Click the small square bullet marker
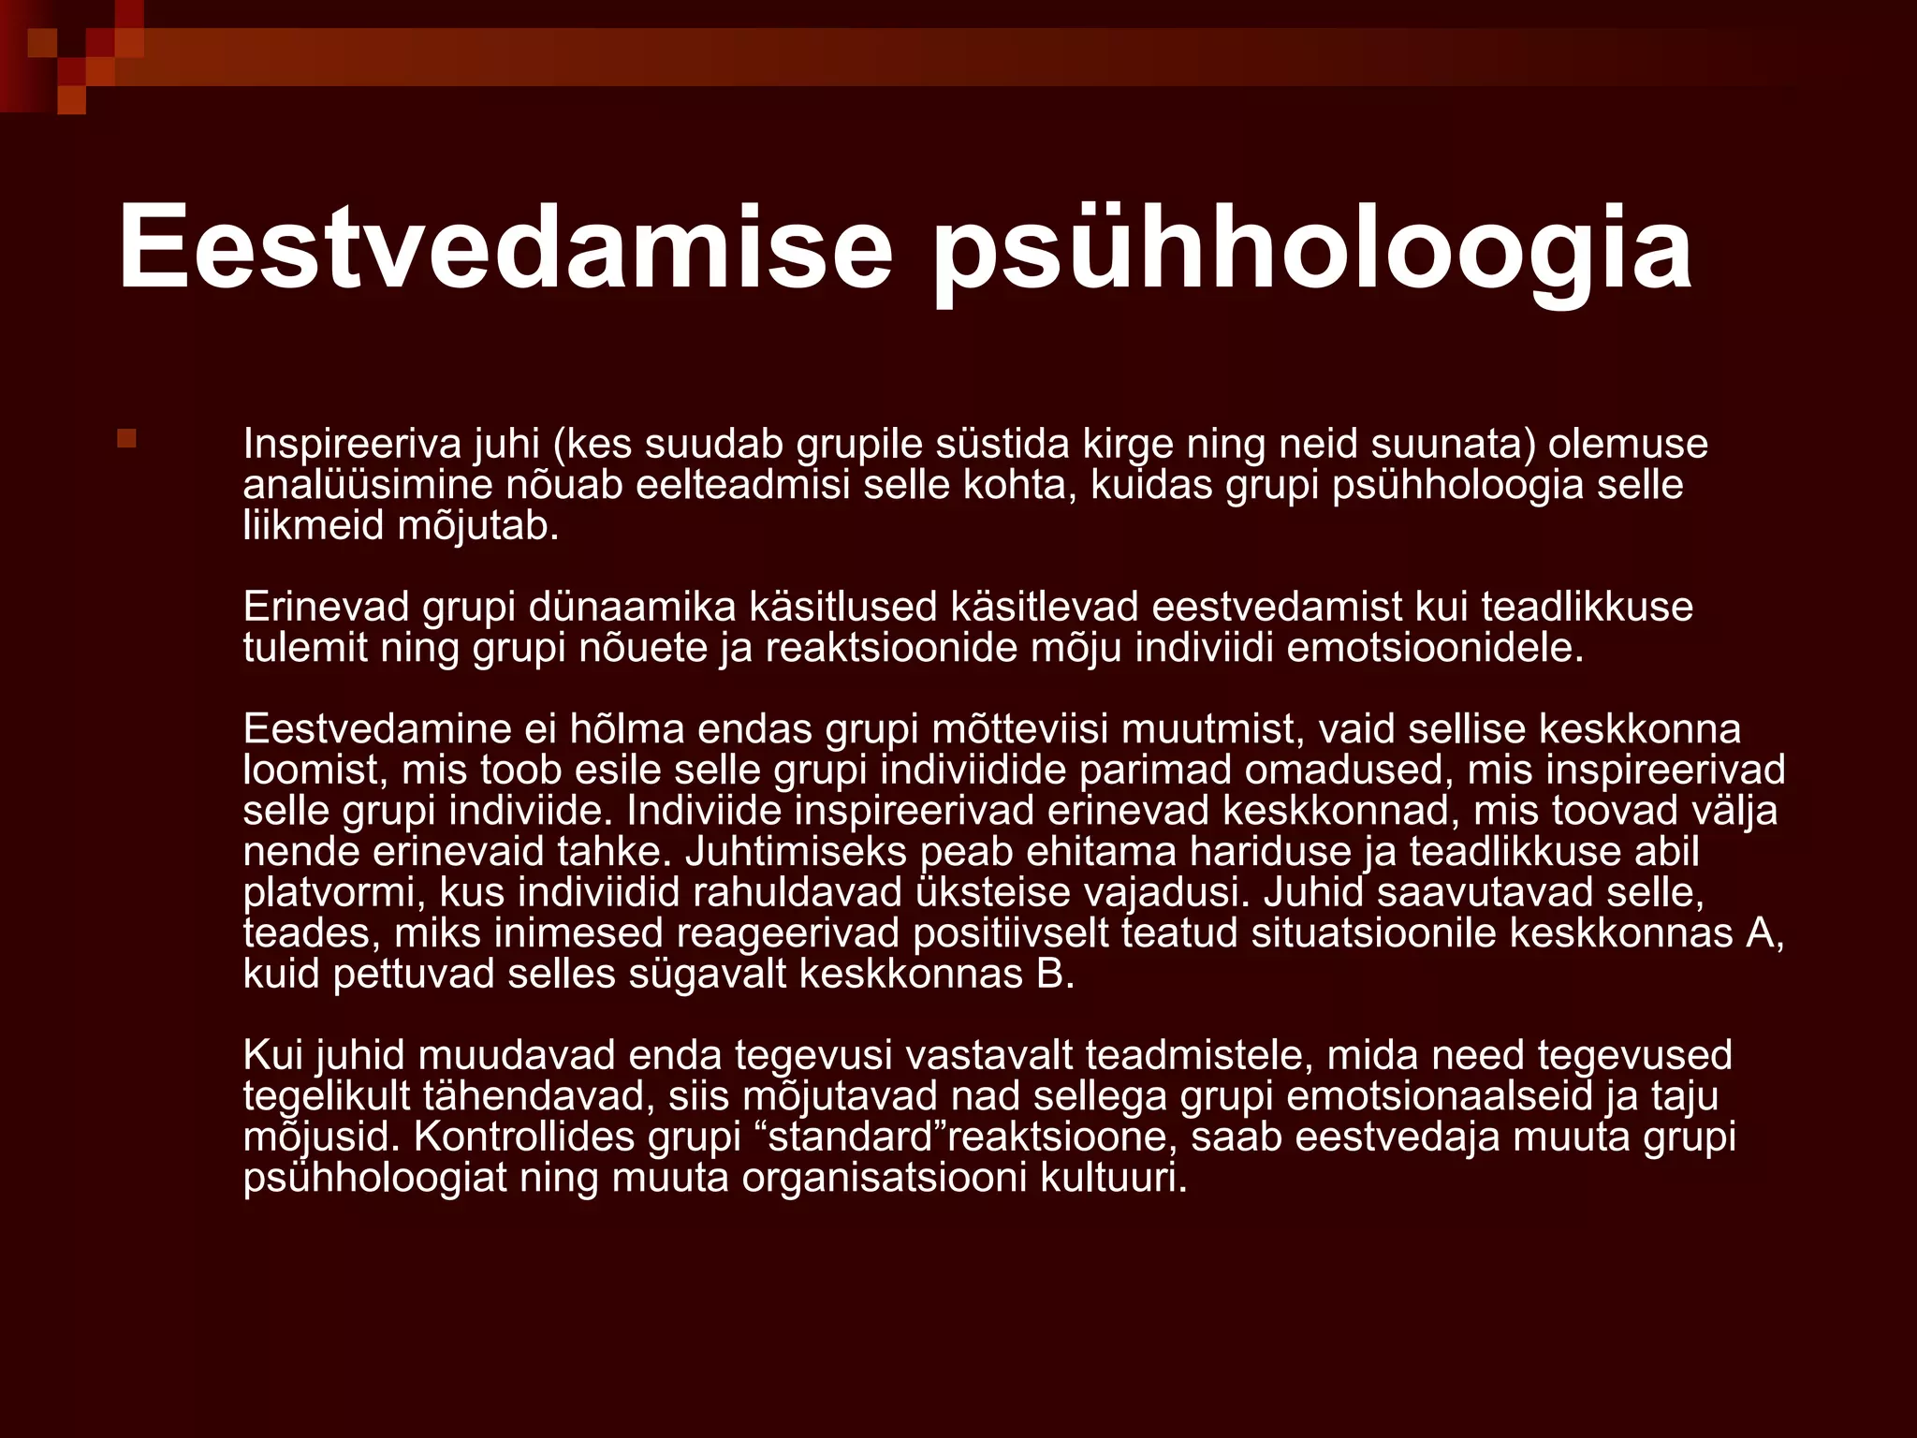(x=127, y=438)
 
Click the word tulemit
(x=305, y=648)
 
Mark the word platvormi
(x=328, y=893)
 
